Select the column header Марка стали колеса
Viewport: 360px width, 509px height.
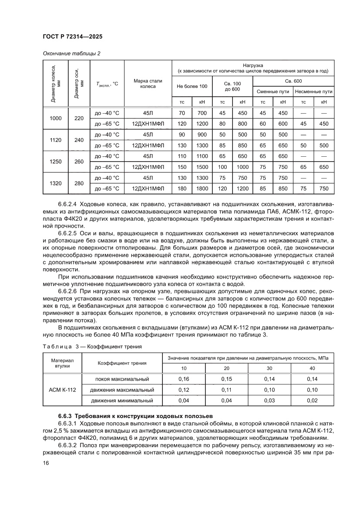(x=148, y=83)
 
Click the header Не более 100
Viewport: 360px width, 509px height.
(x=192, y=86)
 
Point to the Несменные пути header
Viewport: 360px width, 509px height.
(x=313, y=92)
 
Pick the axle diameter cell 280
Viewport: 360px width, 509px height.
(x=79, y=183)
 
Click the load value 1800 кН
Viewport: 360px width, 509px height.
(x=202, y=188)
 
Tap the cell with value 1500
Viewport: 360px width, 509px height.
(x=202, y=167)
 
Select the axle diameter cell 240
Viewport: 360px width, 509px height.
(x=79, y=140)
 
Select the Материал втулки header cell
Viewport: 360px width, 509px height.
(x=63, y=363)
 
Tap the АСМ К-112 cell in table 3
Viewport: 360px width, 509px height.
(x=63, y=390)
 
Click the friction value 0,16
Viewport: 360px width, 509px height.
(x=184, y=379)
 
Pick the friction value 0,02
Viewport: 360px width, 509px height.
(x=312, y=400)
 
